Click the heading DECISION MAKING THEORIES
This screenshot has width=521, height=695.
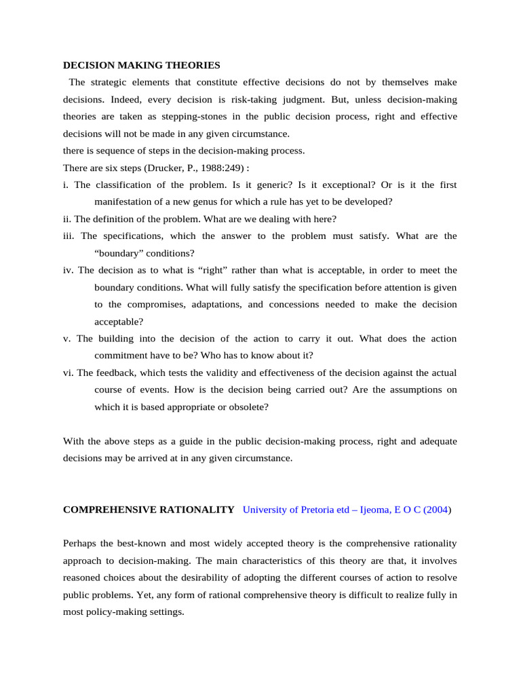coord(141,66)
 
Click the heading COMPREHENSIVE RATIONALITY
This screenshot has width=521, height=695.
coord(148,509)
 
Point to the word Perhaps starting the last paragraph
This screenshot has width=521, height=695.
coord(81,543)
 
